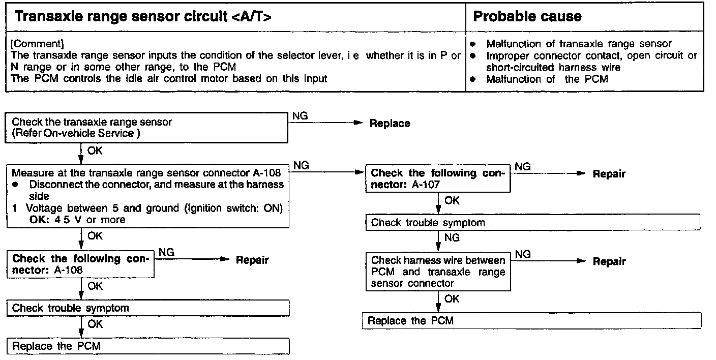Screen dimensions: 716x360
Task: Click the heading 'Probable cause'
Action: coord(527,16)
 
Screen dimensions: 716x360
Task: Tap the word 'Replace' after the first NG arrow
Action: coord(390,124)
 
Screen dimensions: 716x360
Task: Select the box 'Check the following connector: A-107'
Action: coord(438,178)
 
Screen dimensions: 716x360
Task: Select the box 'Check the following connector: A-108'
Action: coord(80,264)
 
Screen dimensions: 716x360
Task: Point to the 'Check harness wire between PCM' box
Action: coord(438,272)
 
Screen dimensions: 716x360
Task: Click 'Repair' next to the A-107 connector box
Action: coord(609,174)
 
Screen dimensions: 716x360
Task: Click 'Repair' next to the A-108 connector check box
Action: coord(252,260)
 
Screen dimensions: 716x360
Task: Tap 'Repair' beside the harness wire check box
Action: coord(609,261)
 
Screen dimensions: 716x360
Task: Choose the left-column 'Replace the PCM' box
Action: coord(148,346)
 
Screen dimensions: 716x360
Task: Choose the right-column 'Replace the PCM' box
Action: coord(531,321)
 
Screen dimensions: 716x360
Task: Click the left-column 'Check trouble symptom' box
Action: coord(148,308)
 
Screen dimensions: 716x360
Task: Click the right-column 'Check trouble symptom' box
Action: coord(532,223)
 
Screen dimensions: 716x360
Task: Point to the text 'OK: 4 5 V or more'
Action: coord(77,220)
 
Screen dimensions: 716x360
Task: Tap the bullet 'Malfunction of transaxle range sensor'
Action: coord(579,44)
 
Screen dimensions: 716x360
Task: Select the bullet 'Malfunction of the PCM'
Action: coord(547,79)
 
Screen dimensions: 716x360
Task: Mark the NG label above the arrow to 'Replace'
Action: coord(300,116)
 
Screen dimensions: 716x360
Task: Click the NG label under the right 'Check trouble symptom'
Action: coord(452,237)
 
